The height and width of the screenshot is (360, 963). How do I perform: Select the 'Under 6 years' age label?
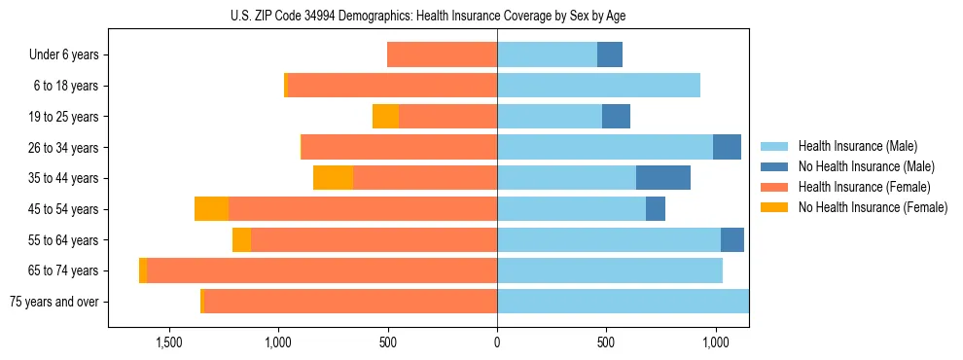pyautogui.click(x=63, y=55)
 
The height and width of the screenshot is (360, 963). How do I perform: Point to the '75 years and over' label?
pyautogui.click(x=54, y=302)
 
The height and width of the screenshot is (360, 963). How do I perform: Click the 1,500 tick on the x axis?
pyautogui.click(x=169, y=342)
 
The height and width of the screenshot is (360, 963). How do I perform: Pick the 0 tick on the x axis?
pyautogui.click(x=497, y=342)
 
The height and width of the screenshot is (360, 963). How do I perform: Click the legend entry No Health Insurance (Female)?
pyautogui.click(x=873, y=207)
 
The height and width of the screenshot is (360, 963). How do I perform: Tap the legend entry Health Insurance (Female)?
pyautogui.click(x=864, y=187)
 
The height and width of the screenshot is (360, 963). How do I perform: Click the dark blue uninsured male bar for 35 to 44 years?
pyautogui.click(x=663, y=178)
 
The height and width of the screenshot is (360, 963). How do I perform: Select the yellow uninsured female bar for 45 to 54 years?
pyautogui.click(x=211, y=209)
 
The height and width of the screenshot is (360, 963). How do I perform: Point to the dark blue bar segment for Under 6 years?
pyautogui.click(x=610, y=55)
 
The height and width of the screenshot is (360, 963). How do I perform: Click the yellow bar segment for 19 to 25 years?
pyautogui.click(x=385, y=117)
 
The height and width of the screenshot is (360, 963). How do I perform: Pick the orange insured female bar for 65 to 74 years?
pyautogui.click(x=322, y=270)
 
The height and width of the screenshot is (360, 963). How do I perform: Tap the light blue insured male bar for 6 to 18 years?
pyautogui.click(x=598, y=86)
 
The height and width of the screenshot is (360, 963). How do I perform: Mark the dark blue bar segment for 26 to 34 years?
pyautogui.click(x=727, y=148)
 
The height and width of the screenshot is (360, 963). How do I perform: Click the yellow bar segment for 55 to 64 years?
pyautogui.click(x=241, y=240)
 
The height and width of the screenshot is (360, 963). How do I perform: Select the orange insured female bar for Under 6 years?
pyautogui.click(x=442, y=55)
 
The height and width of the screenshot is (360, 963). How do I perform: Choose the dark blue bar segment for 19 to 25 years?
pyautogui.click(x=616, y=117)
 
